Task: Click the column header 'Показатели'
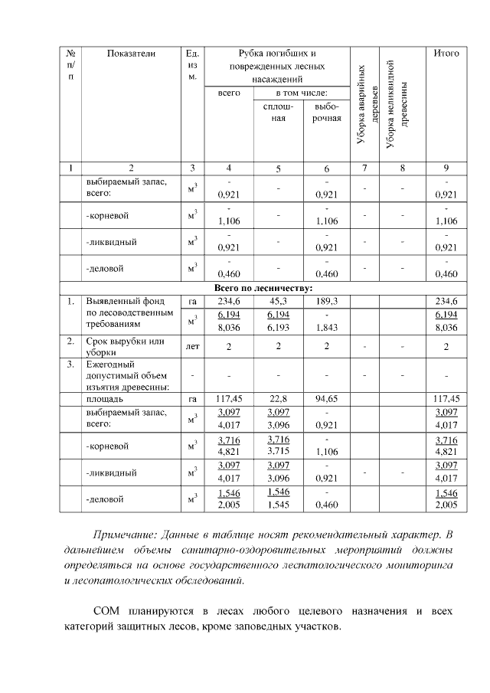[x=131, y=54]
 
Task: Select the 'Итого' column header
[x=446, y=54]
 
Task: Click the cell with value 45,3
[x=278, y=301]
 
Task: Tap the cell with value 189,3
[x=327, y=301]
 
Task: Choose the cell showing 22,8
[x=278, y=398]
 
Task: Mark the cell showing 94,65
[x=327, y=398]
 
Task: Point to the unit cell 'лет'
[x=192, y=346]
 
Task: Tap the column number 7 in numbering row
[x=365, y=168]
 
